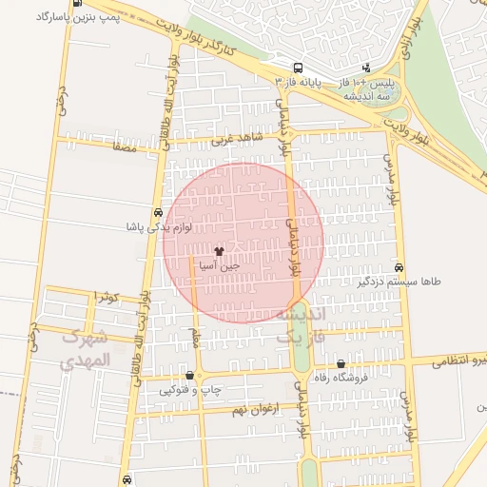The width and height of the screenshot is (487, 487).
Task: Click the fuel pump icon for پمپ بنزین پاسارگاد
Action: [x=76, y=5]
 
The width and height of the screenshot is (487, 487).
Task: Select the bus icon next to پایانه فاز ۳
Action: [x=299, y=68]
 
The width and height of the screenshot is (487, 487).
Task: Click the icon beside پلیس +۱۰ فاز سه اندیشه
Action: [x=367, y=68]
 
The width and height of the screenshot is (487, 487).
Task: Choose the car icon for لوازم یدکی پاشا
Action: [x=157, y=213]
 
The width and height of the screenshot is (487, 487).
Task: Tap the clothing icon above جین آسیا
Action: [x=220, y=252]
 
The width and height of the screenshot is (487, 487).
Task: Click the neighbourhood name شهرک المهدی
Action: [x=86, y=349]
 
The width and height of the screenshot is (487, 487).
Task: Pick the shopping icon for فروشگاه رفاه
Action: [x=341, y=364]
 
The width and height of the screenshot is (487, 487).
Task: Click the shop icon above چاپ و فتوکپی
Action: [x=191, y=375]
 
